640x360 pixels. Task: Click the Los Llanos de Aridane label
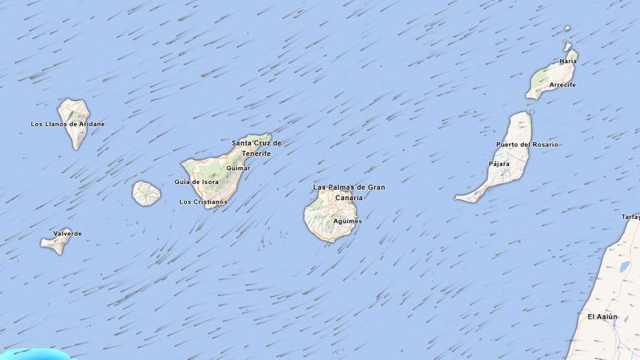click(x=68, y=124)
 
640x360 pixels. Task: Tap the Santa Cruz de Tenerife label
click(x=256, y=148)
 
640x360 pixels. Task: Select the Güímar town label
click(x=238, y=168)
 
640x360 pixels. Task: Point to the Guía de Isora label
click(x=196, y=182)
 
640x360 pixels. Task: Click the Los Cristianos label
click(x=203, y=201)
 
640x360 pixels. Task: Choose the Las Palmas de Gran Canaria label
click(x=349, y=192)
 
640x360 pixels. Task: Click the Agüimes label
click(x=347, y=221)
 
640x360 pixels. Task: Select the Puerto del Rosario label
click(x=527, y=145)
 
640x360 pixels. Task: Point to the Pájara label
click(x=499, y=164)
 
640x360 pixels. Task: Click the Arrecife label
click(x=562, y=85)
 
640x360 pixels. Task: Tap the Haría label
click(x=568, y=61)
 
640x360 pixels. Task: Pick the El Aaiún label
click(x=602, y=316)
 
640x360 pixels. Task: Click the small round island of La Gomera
click(x=146, y=193)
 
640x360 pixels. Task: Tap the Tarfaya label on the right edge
click(x=631, y=217)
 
